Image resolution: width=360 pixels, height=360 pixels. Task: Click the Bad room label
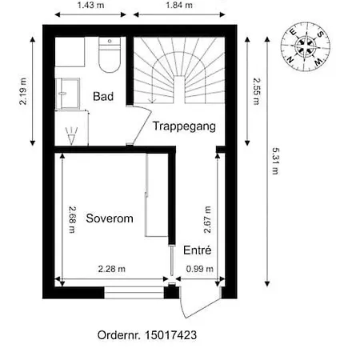103,96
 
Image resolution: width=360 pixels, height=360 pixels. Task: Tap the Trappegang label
184,126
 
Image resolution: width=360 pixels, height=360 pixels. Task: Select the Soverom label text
110,218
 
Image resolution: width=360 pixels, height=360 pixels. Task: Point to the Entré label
198,250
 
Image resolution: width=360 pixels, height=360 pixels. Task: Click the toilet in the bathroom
110,54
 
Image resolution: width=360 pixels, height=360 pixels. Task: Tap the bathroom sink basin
68,94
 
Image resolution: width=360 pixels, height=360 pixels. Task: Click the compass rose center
306,46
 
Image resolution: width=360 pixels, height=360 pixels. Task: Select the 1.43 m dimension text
90,5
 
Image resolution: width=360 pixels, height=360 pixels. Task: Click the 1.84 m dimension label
179,5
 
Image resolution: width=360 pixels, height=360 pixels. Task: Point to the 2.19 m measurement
23,91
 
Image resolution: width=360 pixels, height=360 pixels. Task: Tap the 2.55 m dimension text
256,91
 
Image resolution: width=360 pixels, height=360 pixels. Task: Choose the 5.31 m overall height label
275,161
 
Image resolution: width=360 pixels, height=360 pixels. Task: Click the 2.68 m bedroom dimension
72,219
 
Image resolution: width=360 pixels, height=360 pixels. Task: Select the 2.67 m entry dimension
207,219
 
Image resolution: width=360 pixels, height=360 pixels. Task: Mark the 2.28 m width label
112,269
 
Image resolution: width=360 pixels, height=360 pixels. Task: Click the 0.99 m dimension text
200,269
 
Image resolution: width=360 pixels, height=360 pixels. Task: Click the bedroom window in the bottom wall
134,293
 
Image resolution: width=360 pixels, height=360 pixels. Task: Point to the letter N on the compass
290,60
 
